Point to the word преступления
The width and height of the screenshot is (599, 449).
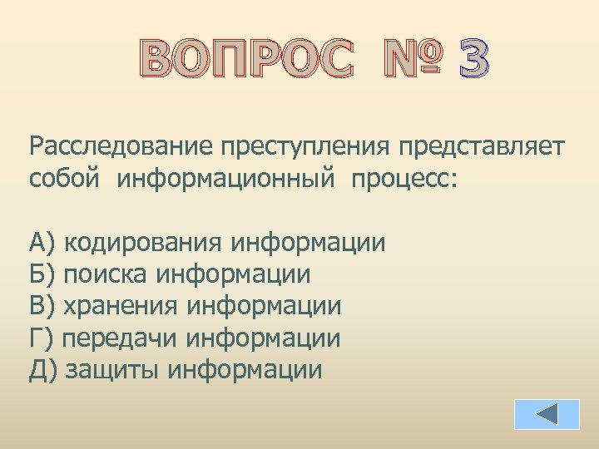click(307, 147)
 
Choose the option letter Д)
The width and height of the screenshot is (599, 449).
click(42, 369)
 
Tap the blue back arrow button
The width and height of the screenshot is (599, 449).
click(546, 414)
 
